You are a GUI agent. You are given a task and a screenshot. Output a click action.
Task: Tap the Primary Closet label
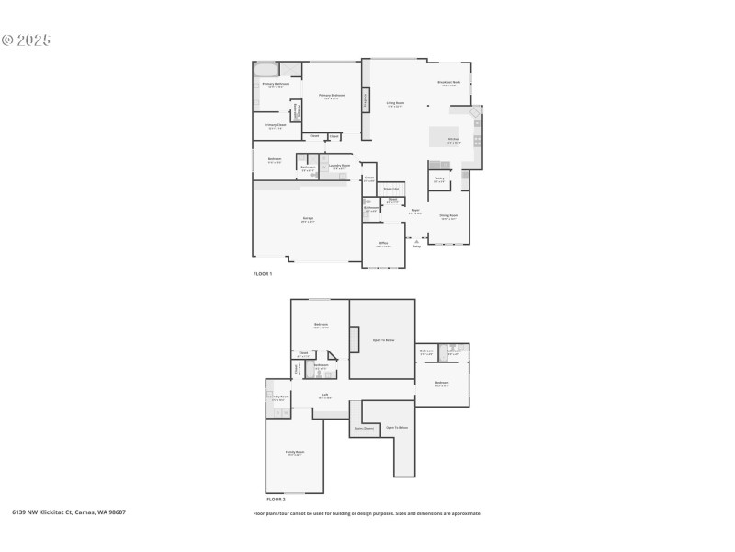tap(276, 125)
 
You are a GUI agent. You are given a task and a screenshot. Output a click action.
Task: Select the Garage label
tap(308, 219)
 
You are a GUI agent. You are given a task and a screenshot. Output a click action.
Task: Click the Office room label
tap(383, 244)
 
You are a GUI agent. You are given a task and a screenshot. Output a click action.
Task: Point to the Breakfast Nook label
tap(449, 83)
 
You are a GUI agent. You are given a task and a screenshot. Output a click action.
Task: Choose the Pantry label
tap(439, 178)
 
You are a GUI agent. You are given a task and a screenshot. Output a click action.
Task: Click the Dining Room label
tap(448, 216)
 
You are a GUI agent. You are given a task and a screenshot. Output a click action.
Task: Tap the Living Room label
tap(396, 103)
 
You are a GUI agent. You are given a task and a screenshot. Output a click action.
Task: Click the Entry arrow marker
tap(416, 241)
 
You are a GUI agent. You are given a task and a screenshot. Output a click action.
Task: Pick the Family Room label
tap(294, 453)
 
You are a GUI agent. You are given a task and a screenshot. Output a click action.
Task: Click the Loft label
tap(325, 397)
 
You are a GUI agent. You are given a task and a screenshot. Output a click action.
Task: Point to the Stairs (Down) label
tap(364, 428)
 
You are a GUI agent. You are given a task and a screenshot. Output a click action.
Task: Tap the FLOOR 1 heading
tap(263, 274)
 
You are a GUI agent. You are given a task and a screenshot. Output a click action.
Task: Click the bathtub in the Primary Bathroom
tap(266, 70)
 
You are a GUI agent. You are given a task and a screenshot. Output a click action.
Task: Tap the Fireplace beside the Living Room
tap(366, 99)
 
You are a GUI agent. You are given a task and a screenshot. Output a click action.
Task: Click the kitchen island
tap(445, 136)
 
